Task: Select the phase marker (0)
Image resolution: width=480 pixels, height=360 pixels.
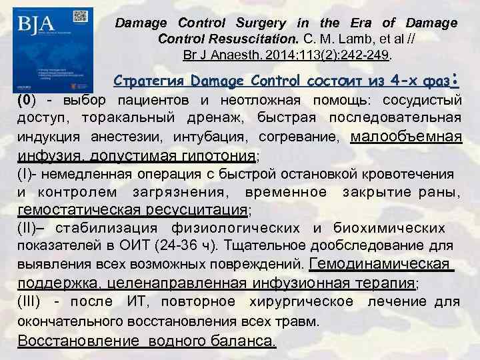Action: coord(25,101)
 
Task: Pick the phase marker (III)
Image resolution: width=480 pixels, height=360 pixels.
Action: coord(30,301)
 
